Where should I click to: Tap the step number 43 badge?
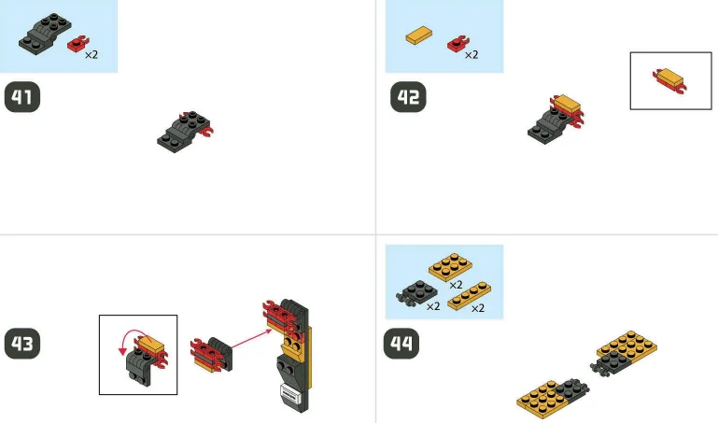(x=23, y=343)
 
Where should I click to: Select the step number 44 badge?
(x=402, y=343)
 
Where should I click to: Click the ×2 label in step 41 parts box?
(x=92, y=55)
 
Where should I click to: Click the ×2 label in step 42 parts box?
(x=472, y=55)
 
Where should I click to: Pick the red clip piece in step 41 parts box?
(x=77, y=44)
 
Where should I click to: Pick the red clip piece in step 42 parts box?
(x=458, y=43)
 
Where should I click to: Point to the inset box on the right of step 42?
(x=670, y=80)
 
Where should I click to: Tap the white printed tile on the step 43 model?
(x=289, y=398)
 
